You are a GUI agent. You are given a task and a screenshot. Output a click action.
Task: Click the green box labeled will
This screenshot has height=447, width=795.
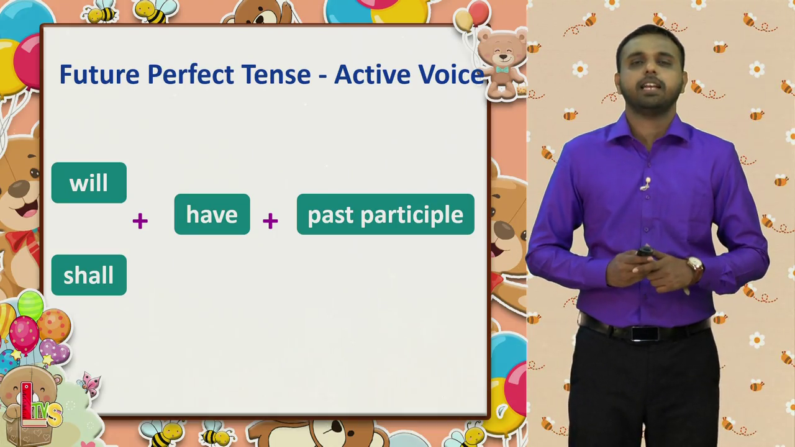pos(89,183)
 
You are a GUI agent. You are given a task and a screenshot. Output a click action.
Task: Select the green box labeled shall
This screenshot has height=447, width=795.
pos(89,275)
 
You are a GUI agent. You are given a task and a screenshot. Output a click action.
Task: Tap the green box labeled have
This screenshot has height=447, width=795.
pos(212,214)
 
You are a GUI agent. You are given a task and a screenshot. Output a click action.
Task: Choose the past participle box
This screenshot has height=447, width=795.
pos(386,214)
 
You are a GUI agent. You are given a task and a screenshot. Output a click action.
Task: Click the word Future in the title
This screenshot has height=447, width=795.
pos(99,74)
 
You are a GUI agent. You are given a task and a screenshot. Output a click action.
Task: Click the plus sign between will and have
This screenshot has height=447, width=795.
pos(140,221)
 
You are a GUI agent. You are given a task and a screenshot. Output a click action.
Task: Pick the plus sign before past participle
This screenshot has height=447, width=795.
pos(270,221)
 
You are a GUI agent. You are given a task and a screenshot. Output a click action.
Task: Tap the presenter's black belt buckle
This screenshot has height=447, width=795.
pos(643,334)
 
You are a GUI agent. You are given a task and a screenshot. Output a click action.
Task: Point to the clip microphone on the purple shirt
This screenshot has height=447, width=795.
pos(646,184)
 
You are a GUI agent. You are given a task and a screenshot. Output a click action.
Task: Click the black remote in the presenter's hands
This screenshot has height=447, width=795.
pos(645,252)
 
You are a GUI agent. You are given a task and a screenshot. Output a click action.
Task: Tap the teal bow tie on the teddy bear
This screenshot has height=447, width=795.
pos(502,70)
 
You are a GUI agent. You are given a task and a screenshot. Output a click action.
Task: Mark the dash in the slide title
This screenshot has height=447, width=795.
pos(322,76)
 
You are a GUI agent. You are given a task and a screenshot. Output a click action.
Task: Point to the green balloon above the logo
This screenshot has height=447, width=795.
pos(30,305)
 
